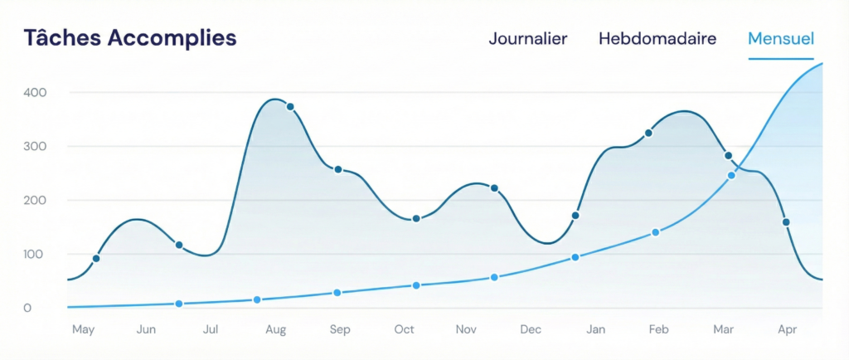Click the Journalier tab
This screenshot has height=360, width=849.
coord(527,39)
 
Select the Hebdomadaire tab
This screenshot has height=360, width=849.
coord(657,39)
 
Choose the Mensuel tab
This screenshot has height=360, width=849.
coord(780,39)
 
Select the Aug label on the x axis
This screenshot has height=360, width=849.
coord(275,330)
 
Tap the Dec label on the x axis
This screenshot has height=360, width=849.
coord(531,330)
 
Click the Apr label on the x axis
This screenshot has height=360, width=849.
coord(788,330)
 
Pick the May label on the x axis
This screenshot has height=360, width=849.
coord(83,330)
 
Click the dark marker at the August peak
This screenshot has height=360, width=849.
coord(290,107)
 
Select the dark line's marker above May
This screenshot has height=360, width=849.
coord(96,259)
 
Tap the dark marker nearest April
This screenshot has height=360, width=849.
coord(786,222)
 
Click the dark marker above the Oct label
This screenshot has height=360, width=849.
coord(416,219)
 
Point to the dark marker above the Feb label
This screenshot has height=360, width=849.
coord(648,133)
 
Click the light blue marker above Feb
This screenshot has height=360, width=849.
coord(655,232)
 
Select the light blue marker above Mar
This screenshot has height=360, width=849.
coord(731,175)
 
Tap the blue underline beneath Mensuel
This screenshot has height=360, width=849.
coord(780,59)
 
